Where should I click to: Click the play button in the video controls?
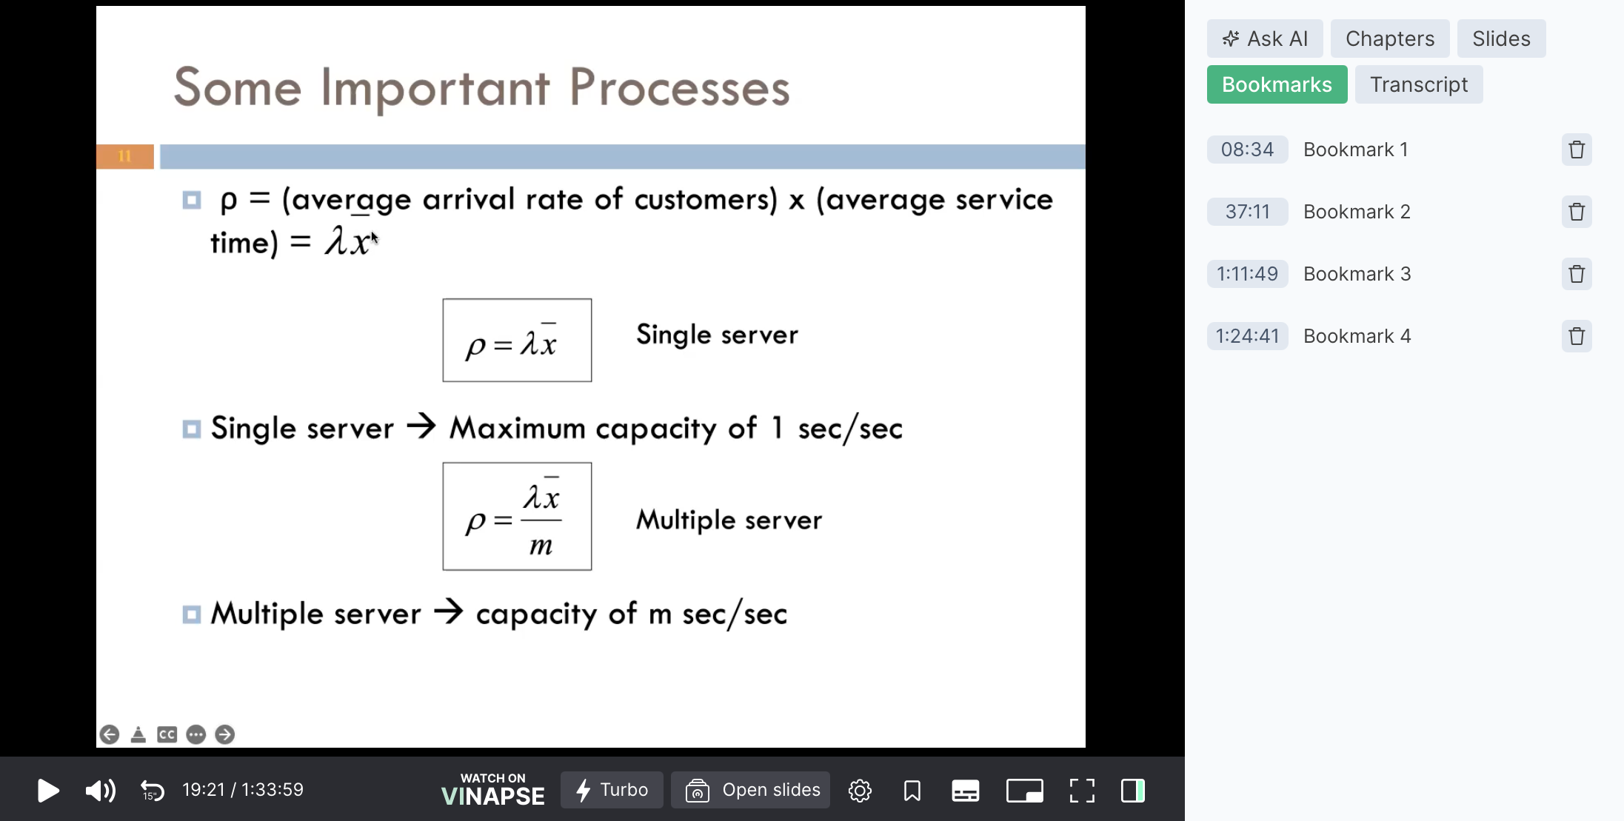(48, 791)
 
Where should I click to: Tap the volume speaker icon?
(101, 791)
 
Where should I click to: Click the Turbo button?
(612, 790)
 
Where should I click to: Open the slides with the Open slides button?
(750, 790)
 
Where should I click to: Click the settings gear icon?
(860, 791)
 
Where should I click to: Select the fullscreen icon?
(1082, 791)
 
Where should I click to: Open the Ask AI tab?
(1265, 38)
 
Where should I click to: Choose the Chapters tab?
(1390, 38)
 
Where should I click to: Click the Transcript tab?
(1419, 84)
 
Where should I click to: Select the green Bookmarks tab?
(1277, 84)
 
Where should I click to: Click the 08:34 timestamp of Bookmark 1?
(1248, 150)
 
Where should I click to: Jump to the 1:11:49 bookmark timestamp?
(1248, 274)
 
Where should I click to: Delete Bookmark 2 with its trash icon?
(1577, 212)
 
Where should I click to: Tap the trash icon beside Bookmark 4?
(1577, 336)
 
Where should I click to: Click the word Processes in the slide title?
(680, 88)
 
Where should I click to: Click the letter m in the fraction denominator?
(541, 546)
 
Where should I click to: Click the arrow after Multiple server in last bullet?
(449, 612)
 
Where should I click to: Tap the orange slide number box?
(125, 156)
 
